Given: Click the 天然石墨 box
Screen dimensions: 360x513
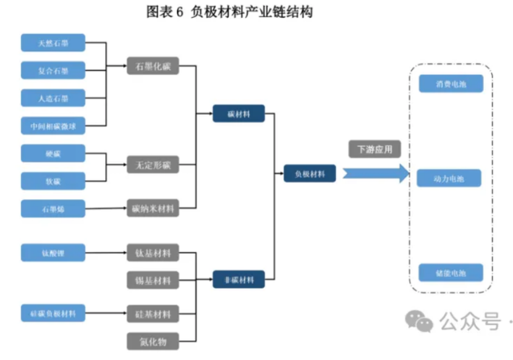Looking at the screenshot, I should pyautogui.click(x=53, y=43).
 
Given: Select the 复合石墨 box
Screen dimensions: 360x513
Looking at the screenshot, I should pyautogui.click(x=53, y=71).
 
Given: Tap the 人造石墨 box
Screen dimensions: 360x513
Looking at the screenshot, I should pyautogui.click(x=53, y=98).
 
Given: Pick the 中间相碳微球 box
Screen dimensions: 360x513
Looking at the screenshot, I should pyautogui.click(x=53, y=126).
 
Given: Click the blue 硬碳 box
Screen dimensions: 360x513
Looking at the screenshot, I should pyautogui.click(x=53, y=153).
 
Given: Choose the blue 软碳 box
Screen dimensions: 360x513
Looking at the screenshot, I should pyautogui.click(x=53, y=181).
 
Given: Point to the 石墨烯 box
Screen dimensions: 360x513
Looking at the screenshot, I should pyautogui.click(x=53, y=209).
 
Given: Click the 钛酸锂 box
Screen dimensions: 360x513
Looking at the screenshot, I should pyautogui.click(x=53, y=253).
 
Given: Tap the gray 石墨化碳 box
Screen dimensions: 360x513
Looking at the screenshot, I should pyautogui.click(x=153, y=66).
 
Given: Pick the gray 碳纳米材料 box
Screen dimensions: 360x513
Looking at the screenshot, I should pyautogui.click(x=153, y=209).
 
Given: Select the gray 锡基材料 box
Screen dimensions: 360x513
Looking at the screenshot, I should pyautogui.click(x=153, y=280).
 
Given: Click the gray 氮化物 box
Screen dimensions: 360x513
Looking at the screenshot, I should pyautogui.click(x=153, y=341).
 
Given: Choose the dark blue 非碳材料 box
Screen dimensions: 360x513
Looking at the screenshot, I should pyautogui.click(x=239, y=280).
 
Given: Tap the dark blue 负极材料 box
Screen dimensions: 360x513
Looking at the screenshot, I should pyautogui.click(x=310, y=174).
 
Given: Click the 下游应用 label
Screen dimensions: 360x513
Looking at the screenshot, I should pyautogui.click(x=375, y=150).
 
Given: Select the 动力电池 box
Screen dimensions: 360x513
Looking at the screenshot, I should pyautogui.click(x=451, y=178).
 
